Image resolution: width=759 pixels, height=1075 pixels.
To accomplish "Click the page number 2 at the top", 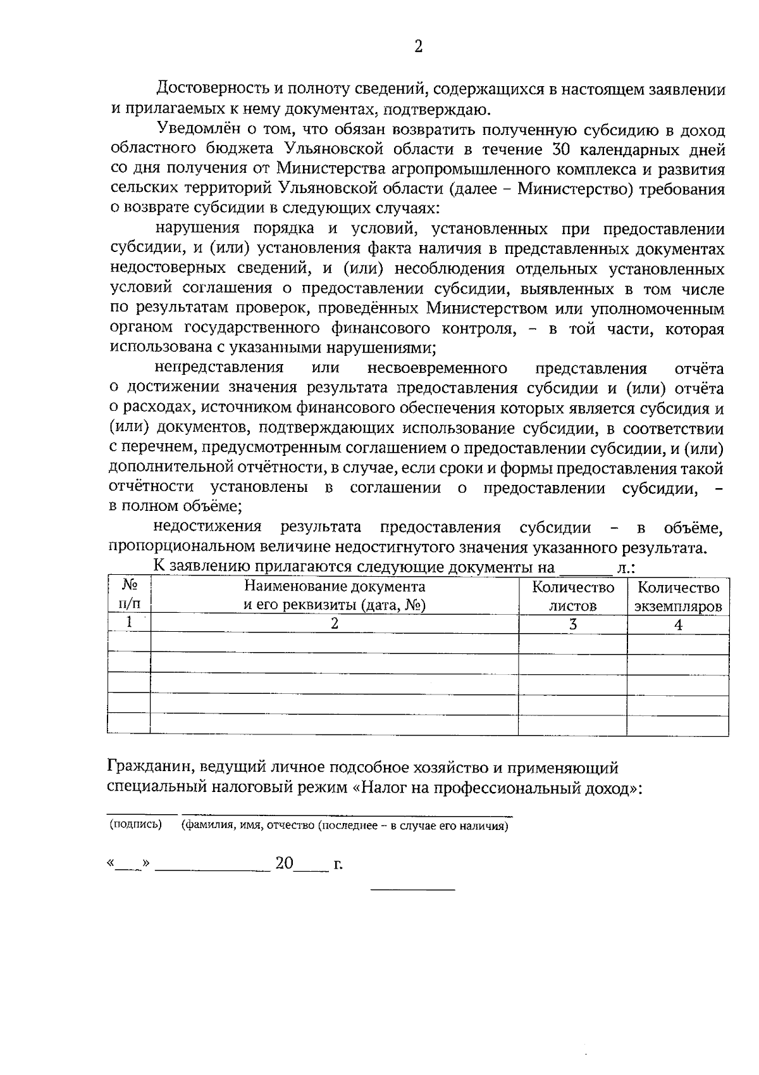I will [418, 46].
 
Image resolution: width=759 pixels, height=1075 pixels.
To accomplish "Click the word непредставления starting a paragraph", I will [219, 368].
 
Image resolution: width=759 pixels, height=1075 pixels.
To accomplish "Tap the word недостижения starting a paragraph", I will [207, 527].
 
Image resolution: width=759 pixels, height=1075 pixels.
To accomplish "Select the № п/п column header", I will [129, 596].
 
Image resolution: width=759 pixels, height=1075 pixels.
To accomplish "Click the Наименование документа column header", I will [335, 596].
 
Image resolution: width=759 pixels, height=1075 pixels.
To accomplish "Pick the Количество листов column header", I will [573, 596].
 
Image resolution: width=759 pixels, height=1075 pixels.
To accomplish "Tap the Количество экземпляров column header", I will [678, 596].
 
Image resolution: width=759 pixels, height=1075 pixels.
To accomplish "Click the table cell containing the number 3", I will [573, 624].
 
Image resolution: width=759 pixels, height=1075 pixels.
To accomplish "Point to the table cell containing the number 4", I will [678, 624].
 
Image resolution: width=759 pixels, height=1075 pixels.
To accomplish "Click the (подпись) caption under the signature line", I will [135, 824].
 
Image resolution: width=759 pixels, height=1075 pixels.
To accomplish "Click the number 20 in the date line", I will [285, 864].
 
